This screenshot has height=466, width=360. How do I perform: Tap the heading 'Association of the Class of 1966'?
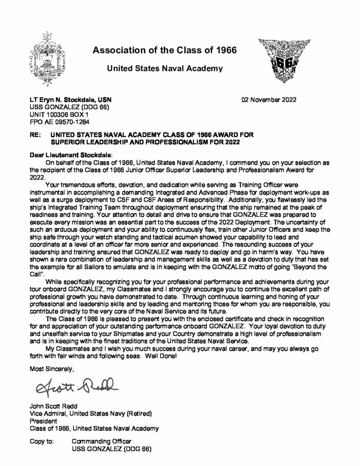[164, 50]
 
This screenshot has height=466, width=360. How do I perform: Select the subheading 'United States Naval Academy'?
[164, 69]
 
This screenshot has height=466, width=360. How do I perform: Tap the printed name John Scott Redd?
[51, 406]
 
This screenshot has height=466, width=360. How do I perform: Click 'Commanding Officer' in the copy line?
[101, 441]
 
